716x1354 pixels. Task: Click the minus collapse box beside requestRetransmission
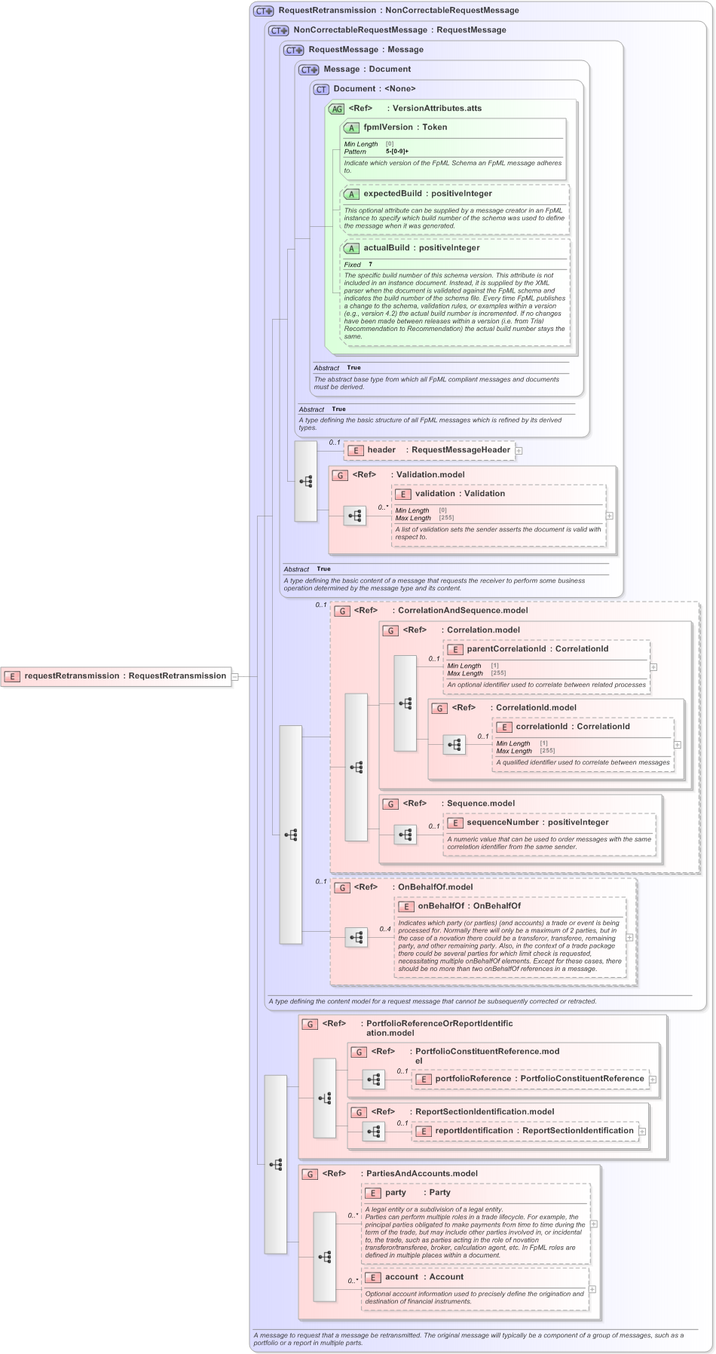click(x=235, y=676)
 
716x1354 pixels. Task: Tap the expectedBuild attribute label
click(x=392, y=194)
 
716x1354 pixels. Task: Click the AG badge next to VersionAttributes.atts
click(x=336, y=109)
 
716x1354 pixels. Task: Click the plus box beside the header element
click(x=519, y=451)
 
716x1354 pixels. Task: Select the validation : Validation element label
click(x=460, y=494)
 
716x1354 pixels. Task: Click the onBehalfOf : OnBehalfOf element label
click(x=469, y=906)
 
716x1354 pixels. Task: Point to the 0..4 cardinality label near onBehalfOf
click(x=385, y=929)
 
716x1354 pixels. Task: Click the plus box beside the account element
click(x=592, y=1289)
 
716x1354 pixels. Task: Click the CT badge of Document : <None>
click(x=322, y=89)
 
